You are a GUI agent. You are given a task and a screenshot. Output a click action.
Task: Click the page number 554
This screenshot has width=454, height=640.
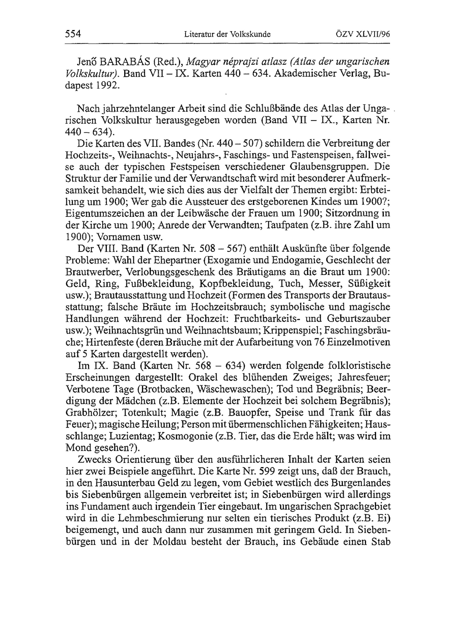(x=73, y=34)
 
